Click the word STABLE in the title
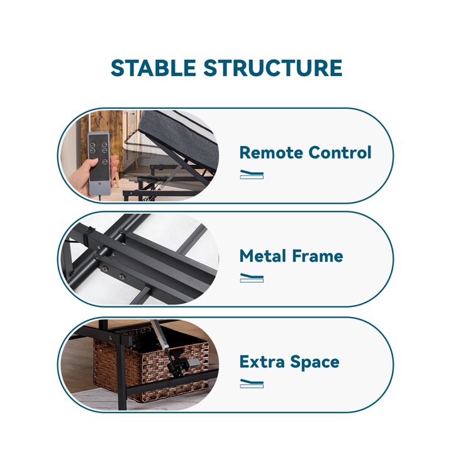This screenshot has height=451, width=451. click(153, 68)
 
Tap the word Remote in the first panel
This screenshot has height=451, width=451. click(271, 152)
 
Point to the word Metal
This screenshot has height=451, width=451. click(263, 256)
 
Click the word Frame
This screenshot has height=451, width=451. click(317, 256)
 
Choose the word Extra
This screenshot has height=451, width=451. click(262, 362)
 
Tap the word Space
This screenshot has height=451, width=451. click(315, 363)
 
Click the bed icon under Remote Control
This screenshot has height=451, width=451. click(252, 175)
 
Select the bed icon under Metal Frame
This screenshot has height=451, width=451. click(252, 278)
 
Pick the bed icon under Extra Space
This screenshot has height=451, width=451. click(252, 384)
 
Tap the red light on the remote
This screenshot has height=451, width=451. click(99, 184)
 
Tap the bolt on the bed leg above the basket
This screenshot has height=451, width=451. click(111, 338)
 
